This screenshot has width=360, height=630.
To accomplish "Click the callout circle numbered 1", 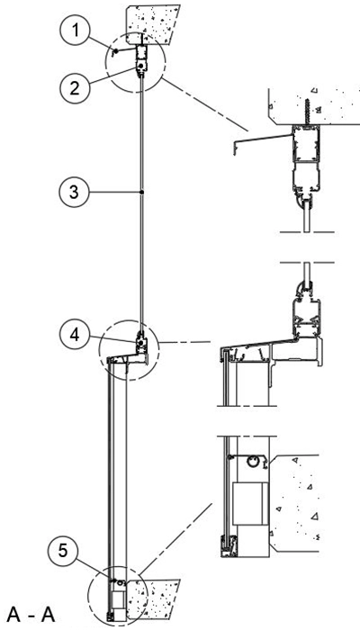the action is pyautogui.click(x=75, y=31).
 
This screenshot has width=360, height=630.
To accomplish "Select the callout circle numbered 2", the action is pyautogui.click(x=75, y=87).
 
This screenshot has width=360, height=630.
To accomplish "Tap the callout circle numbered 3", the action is pyautogui.click(x=74, y=193).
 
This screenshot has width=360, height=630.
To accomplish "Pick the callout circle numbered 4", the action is pyautogui.click(x=75, y=334).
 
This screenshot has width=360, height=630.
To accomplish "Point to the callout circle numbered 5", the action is pyautogui.click(x=63, y=551).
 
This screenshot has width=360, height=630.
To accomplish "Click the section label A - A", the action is pyautogui.click(x=31, y=615).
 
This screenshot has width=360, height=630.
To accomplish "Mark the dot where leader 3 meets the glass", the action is pyautogui.click(x=142, y=193).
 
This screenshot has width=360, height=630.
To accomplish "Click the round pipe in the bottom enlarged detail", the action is pyautogui.click(x=253, y=462).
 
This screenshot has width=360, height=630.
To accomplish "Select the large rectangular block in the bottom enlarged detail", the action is pyautogui.click(x=250, y=504).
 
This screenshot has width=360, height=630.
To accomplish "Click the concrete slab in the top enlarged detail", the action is pyautogui.click(x=314, y=106).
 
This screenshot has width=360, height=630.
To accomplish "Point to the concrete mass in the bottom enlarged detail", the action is pyautogui.click(x=294, y=503).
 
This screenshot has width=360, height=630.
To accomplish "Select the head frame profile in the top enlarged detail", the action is pyautogui.click(x=306, y=161).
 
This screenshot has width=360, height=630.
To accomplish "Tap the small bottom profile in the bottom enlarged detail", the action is pyautogui.click(x=228, y=545).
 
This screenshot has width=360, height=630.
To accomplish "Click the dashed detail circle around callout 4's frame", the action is pyautogui.click(x=130, y=349).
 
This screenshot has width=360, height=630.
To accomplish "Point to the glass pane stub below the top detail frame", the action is pyautogui.click(x=307, y=216).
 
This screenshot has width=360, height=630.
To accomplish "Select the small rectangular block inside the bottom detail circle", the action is pyautogui.click(x=118, y=598).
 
